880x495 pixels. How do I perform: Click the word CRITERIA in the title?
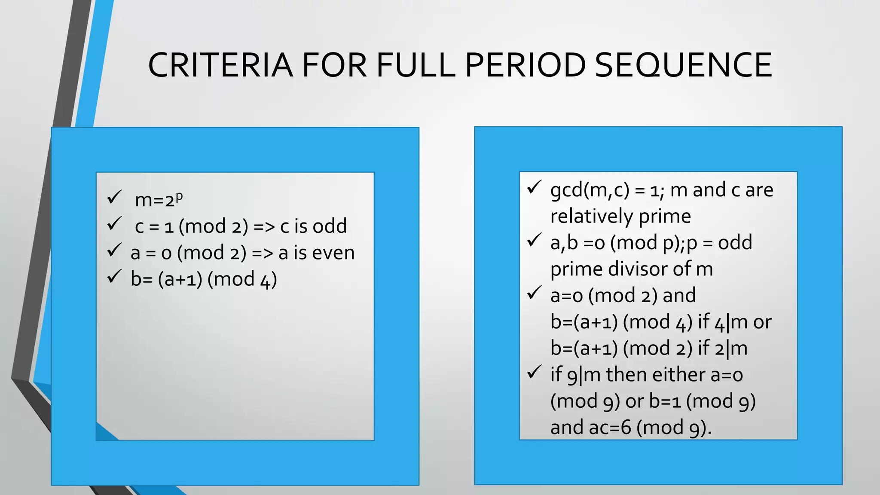point(220,65)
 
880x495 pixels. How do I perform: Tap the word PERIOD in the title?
point(525,65)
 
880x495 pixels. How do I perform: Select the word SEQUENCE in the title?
point(683,65)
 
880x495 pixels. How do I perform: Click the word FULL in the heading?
point(416,65)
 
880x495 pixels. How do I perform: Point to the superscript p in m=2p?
point(179,196)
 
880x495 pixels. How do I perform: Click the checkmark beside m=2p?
point(115,197)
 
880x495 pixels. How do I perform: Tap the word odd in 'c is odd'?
point(330,226)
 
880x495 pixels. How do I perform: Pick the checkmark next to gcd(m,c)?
point(534,187)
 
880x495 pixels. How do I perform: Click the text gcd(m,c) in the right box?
point(590,190)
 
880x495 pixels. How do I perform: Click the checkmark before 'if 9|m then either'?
point(534,372)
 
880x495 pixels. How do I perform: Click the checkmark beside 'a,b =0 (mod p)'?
point(534,240)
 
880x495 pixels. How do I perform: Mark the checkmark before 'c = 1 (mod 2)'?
point(115,223)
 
